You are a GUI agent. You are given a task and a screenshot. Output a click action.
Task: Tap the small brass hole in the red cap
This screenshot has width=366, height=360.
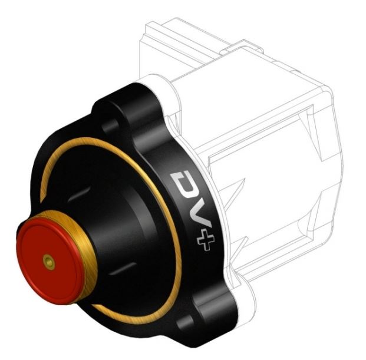point(49,262)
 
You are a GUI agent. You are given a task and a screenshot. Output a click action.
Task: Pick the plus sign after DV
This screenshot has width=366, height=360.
point(206,242)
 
